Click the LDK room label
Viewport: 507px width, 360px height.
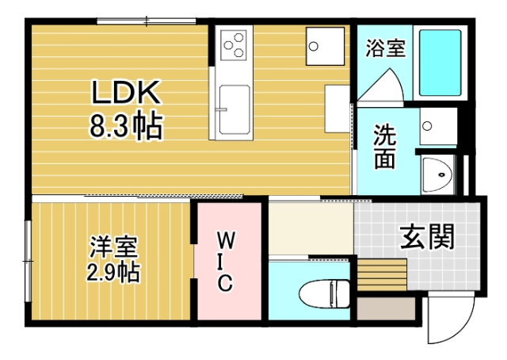126,94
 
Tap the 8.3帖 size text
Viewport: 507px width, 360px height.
126,126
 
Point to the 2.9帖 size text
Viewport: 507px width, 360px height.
113,274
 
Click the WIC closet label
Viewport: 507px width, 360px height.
226,261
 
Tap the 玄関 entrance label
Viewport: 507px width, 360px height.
426,237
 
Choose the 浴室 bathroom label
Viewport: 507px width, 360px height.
385,48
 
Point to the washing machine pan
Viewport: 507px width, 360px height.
437,126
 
